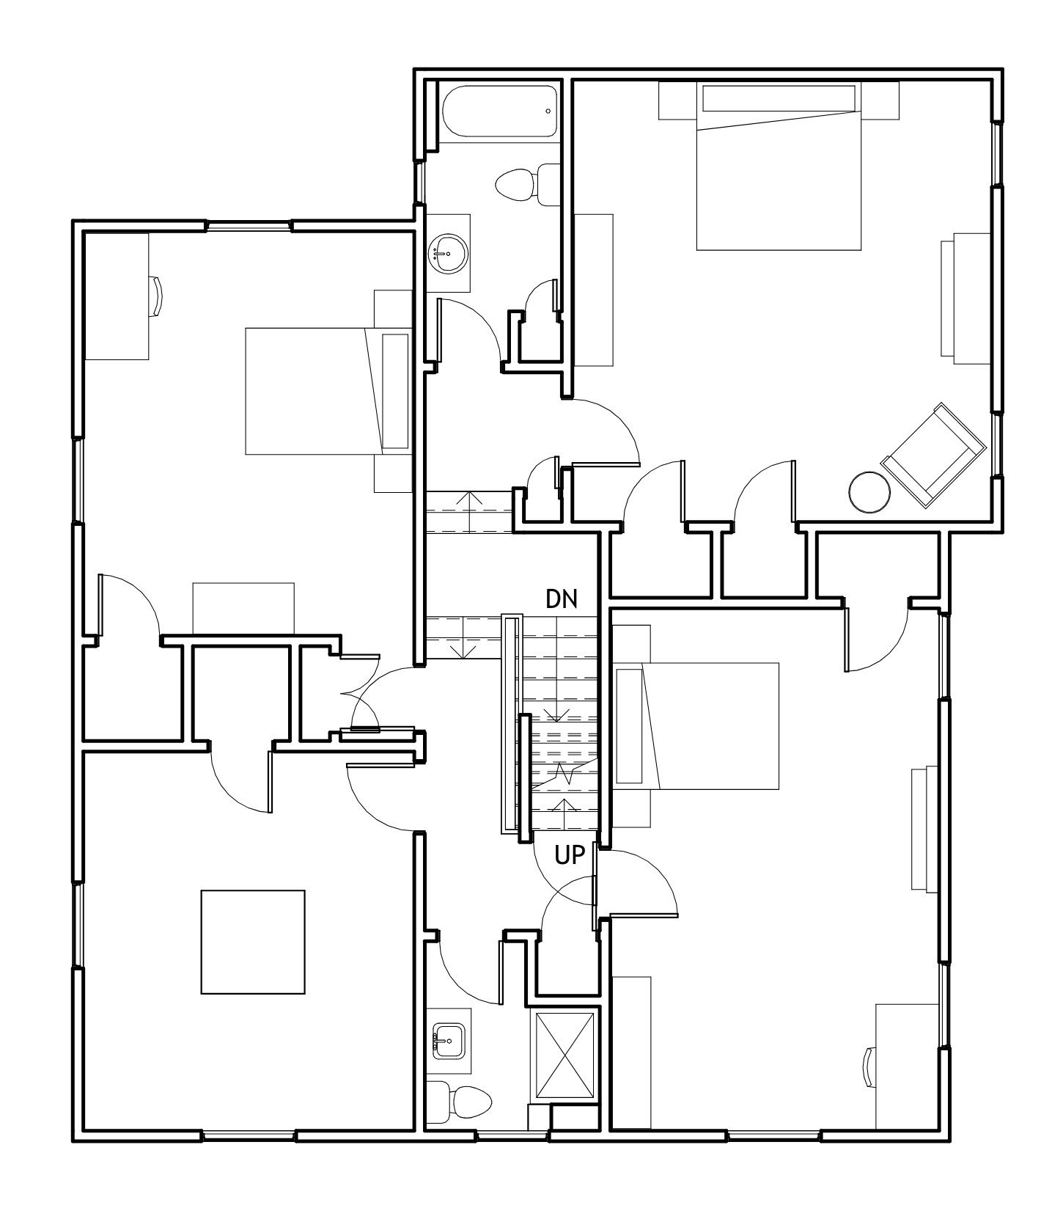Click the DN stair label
coord(562,599)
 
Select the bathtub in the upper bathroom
coord(500,111)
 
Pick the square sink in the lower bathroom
coord(447,1041)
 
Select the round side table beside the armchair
coord(869,491)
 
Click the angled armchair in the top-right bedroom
coord(933,455)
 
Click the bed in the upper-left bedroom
coord(328,391)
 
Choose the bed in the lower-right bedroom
coord(697,726)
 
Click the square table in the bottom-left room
coord(253,942)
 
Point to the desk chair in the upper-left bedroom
coord(155,296)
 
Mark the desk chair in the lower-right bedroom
coord(870,1065)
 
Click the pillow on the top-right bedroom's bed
coord(779,98)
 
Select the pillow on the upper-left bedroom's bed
coord(396,391)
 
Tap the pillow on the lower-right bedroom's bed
coord(629,726)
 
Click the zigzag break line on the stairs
coord(564,772)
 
